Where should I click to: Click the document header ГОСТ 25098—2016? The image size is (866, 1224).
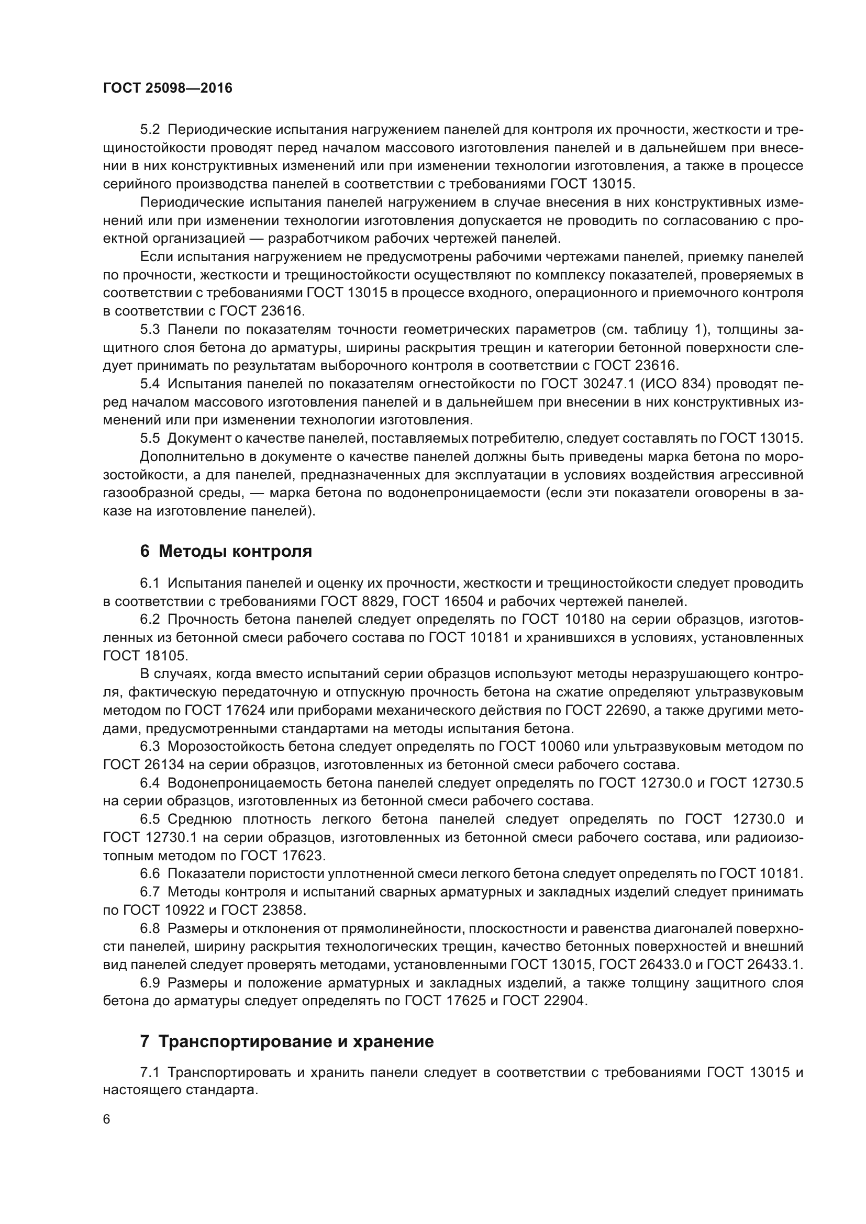coord(168,88)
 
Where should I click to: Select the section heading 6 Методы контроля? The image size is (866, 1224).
coord(226,551)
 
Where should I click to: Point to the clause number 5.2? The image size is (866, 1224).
coord(150,130)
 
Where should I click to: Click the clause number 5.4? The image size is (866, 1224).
coord(150,384)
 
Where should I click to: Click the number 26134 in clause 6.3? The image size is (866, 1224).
coord(164,765)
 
